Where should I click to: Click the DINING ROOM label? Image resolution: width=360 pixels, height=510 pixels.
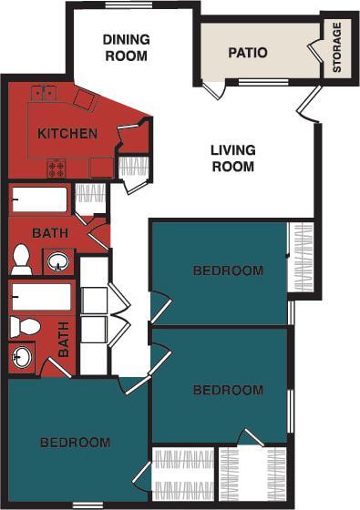coord(125,46)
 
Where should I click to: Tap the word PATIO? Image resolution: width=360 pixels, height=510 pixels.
coord(248,52)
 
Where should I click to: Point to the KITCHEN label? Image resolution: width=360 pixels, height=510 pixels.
coord(67,134)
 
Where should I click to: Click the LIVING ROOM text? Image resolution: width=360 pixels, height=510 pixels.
coord(232,158)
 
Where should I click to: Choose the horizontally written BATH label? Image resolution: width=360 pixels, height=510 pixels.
coord(49,233)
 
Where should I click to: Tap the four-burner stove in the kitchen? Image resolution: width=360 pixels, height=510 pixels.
coord(57,168)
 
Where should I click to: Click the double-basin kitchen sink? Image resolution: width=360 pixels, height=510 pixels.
coord(43,92)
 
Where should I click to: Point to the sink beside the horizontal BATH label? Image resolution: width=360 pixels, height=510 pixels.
coord(58,261)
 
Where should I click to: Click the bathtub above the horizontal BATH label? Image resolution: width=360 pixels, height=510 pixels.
coord(39,199)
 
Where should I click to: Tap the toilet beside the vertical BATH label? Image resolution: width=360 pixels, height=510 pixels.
coord(25,325)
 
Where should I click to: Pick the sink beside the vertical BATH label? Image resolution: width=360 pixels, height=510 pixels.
coord(21,358)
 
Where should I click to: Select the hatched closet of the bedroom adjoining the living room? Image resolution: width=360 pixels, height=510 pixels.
coord(300,257)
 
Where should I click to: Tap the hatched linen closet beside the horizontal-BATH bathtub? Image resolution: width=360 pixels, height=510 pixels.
coord(88,198)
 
